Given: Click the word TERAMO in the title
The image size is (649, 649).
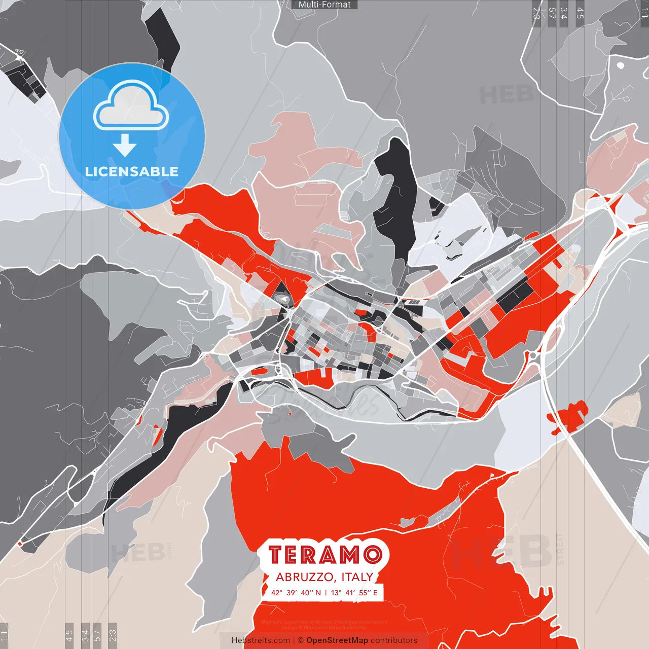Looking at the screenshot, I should [325, 555].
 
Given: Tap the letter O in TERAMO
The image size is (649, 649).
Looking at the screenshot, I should [372, 555].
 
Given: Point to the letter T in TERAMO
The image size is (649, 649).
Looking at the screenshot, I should [276, 555].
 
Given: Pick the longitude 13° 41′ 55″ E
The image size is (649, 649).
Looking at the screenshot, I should [354, 593].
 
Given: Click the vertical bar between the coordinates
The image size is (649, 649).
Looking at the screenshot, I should [326, 593].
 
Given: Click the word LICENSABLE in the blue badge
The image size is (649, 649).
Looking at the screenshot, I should [132, 171].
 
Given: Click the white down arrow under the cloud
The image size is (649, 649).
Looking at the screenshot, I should [125, 146].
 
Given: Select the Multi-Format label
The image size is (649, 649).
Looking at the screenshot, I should [324, 5].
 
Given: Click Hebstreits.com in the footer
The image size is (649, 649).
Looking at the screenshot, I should [261, 640].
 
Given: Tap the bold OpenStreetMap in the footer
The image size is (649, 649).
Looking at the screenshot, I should [337, 640].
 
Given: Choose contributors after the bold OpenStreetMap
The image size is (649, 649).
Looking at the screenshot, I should [394, 640].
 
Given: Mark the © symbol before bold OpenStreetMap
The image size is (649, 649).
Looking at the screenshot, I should [301, 640].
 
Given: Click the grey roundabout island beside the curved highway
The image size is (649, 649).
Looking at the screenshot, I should [533, 356].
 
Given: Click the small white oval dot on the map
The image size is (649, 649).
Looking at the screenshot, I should [620, 65].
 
